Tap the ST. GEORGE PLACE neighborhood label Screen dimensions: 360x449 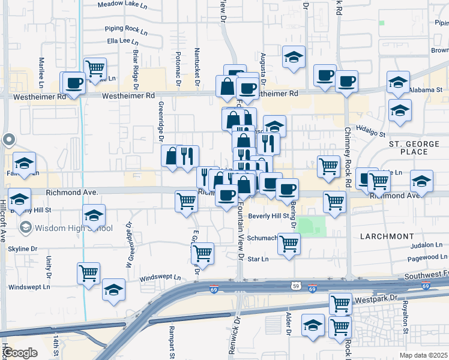pos(417,148)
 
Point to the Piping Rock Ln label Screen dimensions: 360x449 pos(126,28)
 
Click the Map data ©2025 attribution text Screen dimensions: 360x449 pos(423,355)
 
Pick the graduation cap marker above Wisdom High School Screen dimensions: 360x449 pos(94,215)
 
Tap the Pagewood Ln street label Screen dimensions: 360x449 pos(427,257)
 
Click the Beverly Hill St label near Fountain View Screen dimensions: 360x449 pos(270,216)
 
